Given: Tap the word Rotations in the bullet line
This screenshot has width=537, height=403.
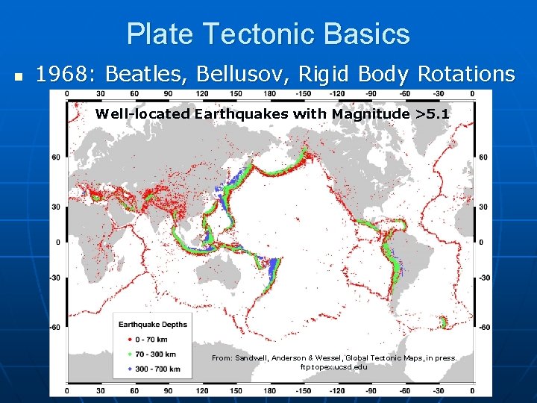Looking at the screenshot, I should tap(466, 74).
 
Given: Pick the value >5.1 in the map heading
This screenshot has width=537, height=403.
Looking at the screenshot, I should tap(433, 113).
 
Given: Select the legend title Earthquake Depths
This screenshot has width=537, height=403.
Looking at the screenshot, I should tap(153, 324).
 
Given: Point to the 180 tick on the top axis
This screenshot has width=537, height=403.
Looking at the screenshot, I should tap(270, 93).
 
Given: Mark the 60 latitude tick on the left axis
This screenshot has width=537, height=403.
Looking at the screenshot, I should tap(56, 157).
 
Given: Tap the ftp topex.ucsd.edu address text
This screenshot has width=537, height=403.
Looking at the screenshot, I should tap(333, 367).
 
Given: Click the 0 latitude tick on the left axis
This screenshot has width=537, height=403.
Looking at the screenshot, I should tap(58, 242).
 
